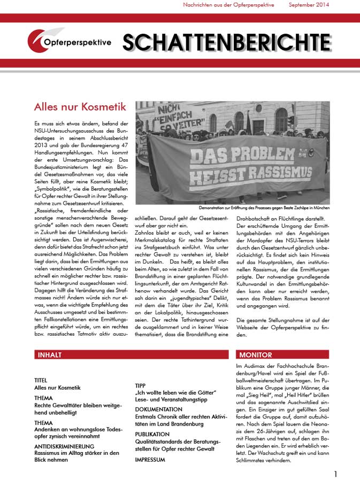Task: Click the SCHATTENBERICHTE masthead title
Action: tap(227, 42)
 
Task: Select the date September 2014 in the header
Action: tap(309, 5)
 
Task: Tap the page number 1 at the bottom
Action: tap(335, 474)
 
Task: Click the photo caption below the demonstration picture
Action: tap(264, 207)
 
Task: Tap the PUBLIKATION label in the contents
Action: tap(155, 435)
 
